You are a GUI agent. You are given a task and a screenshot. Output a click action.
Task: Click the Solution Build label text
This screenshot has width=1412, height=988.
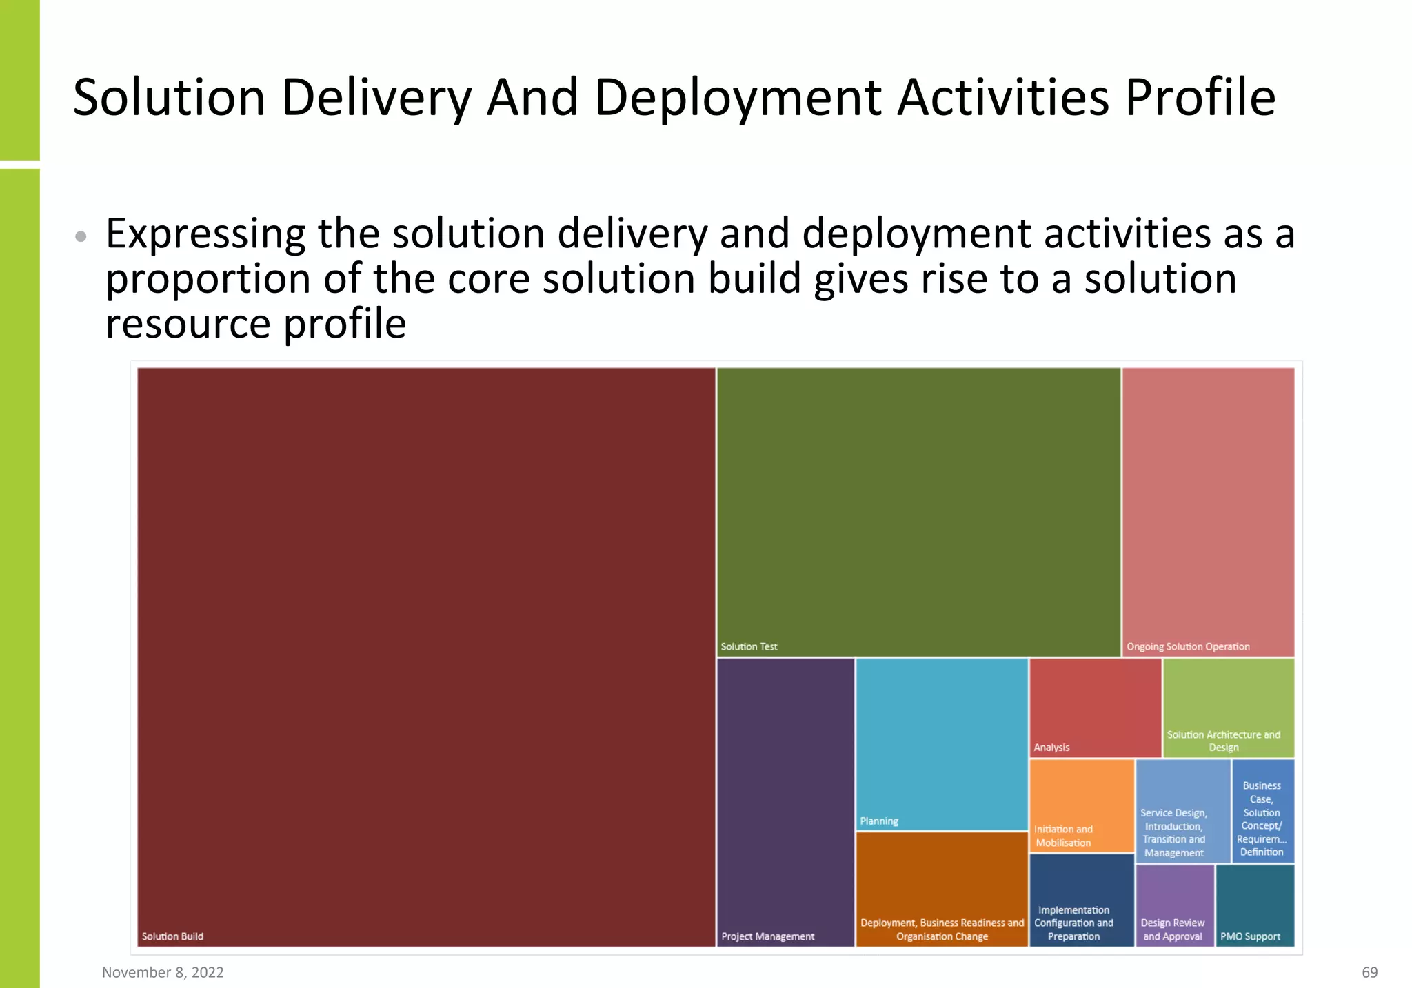coord(172,936)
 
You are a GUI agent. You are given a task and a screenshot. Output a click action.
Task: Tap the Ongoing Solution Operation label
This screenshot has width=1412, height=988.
coord(1188,646)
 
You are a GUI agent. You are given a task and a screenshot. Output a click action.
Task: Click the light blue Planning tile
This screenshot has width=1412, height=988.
coord(942,743)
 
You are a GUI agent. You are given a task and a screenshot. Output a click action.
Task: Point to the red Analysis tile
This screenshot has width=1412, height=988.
coord(1095,708)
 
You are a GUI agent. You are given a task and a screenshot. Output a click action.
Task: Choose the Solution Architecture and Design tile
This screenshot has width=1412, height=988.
coord(1228,708)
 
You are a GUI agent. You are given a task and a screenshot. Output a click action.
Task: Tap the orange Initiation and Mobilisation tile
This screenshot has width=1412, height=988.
coord(1081,805)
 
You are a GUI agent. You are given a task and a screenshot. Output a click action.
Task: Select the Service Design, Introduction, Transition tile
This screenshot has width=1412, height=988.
coord(1182,811)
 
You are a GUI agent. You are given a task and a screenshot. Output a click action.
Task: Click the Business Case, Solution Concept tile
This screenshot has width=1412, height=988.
coord(1262,811)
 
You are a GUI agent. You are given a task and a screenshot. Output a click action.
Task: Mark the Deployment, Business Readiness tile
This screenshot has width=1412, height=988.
coord(942,889)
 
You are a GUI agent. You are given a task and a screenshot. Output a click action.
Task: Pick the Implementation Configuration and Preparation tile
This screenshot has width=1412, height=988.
coord(1081,900)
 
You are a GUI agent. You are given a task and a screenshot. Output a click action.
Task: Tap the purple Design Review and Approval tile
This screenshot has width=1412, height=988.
coord(1174,905)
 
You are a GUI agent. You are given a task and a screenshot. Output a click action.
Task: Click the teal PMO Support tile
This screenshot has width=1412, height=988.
coord(1255,905)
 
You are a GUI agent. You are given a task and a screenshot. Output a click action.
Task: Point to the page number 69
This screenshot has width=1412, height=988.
coord(1369,972)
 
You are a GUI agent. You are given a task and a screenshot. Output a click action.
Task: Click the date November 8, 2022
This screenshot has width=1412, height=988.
coord(163,972)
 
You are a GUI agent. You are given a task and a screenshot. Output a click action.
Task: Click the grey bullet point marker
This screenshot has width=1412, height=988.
coord(81,236)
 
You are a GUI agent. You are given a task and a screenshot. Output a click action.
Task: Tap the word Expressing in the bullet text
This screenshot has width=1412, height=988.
coord(205,235)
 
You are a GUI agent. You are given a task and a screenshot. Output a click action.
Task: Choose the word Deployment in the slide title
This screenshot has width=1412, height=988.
coord(737,97)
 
